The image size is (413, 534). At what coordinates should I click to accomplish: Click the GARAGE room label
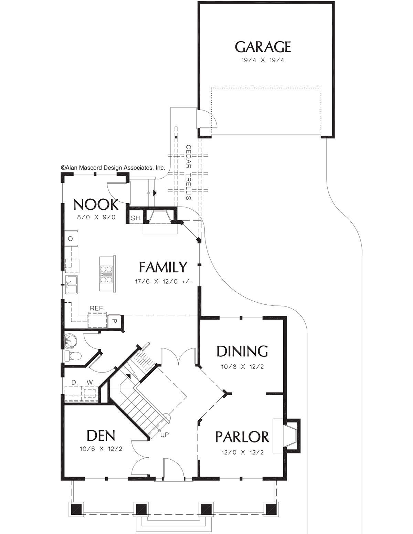263,47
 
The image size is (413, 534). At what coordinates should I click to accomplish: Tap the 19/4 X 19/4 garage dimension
263,60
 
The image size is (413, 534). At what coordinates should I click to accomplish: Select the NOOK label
96,205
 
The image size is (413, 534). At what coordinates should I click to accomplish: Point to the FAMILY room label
163,267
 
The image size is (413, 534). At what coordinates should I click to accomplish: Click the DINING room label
242,351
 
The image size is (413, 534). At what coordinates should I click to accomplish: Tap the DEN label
101,436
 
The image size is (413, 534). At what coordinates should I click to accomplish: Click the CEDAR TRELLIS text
188,172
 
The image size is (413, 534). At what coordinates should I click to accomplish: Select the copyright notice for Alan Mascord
113,168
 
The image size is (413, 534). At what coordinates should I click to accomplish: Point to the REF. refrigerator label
97,308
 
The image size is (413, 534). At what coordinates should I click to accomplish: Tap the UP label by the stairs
165,434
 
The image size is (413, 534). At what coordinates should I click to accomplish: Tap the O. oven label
71,239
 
